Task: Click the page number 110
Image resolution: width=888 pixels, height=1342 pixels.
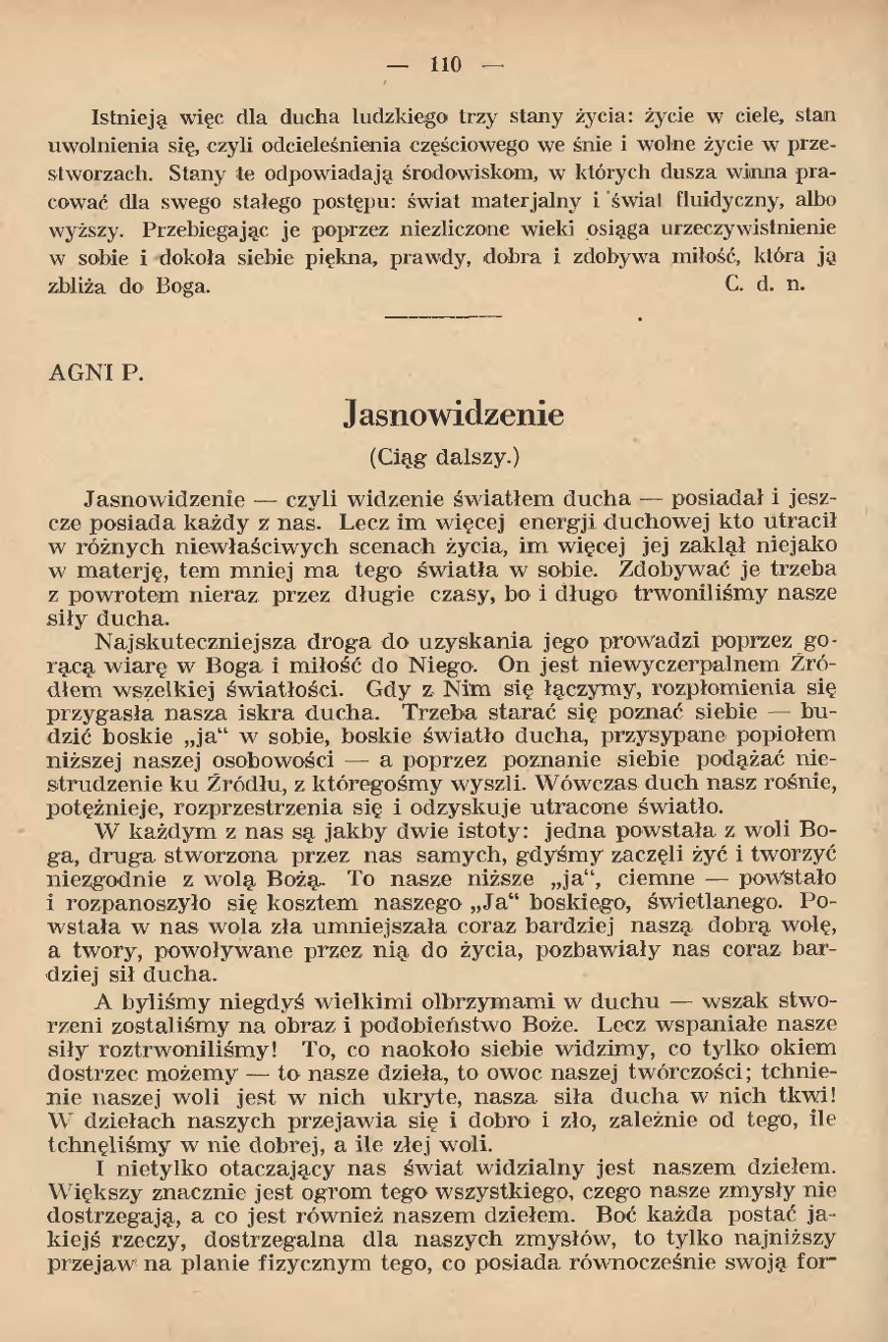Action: pyautogui.click(x=445, y=65)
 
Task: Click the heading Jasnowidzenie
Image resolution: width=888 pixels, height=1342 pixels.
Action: pyautogui.click(x=454, y=415)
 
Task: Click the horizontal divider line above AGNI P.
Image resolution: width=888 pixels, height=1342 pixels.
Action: pyautogui.click(x=442, y=317)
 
